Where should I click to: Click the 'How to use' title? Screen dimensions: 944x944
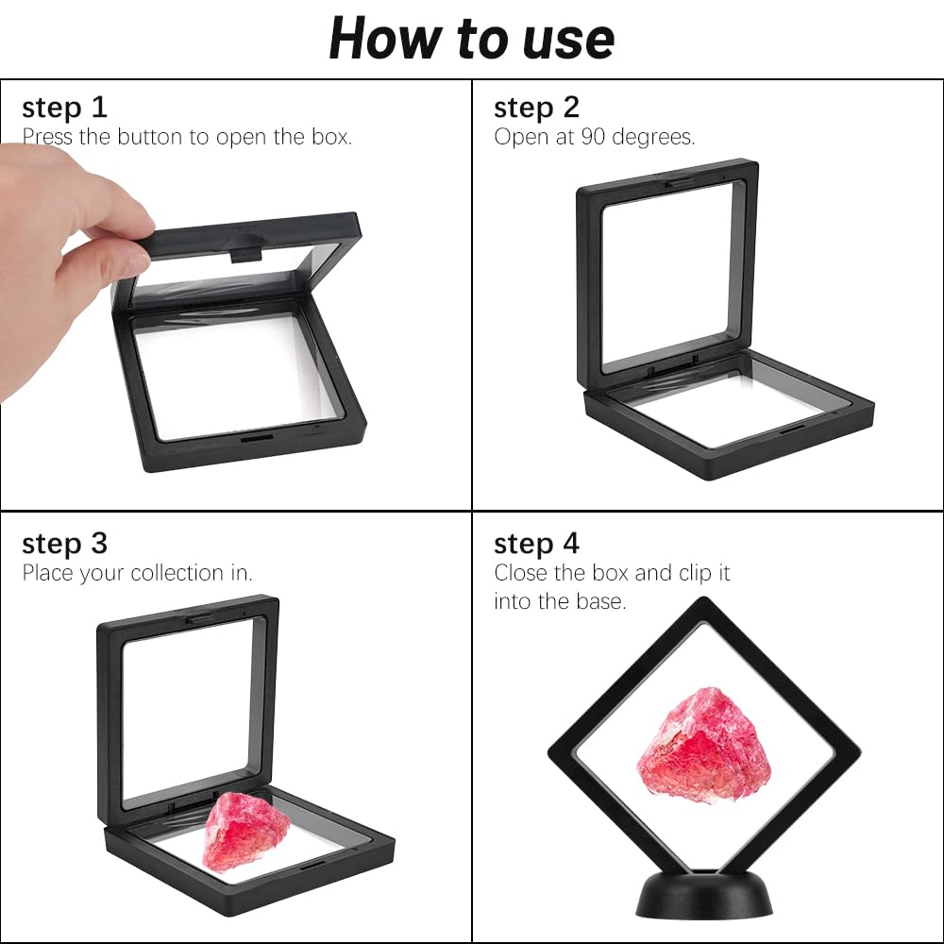(471, 39)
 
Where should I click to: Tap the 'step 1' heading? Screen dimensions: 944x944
(64, 109)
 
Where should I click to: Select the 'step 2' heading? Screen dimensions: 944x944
(536, 109)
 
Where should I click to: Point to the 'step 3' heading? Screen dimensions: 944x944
(64, 544)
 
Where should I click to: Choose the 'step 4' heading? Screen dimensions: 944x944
(536, 544)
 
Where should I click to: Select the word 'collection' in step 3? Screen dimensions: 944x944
(177, 573)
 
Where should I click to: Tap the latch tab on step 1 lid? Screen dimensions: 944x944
(246, 255)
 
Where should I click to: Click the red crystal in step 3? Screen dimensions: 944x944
(246, 832)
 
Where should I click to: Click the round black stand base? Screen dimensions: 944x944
(704, 895)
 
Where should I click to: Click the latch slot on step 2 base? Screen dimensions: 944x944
(793, 429)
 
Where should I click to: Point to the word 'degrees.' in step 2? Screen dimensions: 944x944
(653, 138)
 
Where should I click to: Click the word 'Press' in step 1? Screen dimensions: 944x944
(47, 137)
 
